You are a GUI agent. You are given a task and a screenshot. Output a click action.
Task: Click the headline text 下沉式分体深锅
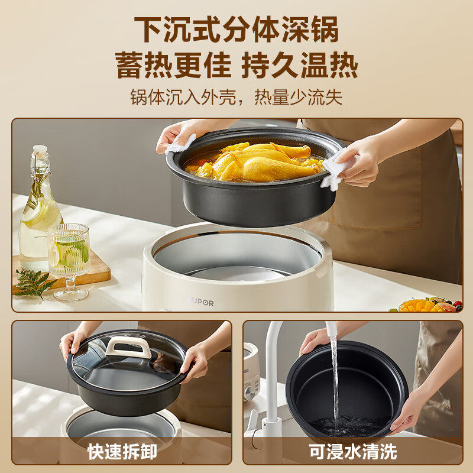pos(237,30)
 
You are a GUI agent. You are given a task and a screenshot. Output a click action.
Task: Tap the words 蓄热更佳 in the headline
pos(174,64)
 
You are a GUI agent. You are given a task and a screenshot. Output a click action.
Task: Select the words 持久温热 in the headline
pos(300,64)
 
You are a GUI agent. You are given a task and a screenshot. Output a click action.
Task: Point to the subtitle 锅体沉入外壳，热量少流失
pos(237,96)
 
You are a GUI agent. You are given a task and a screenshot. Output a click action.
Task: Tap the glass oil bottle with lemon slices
pos(40,213)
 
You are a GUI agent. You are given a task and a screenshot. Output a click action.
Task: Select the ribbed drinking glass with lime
pos(69,254)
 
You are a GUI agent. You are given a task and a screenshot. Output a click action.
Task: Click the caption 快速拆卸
pos(122,452)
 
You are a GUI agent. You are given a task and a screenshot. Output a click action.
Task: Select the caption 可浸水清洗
pos(352,452)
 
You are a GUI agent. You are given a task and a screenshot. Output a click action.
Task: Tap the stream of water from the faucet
pos(335,378)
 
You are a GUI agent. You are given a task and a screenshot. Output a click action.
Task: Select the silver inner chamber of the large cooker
pos(237,254)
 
